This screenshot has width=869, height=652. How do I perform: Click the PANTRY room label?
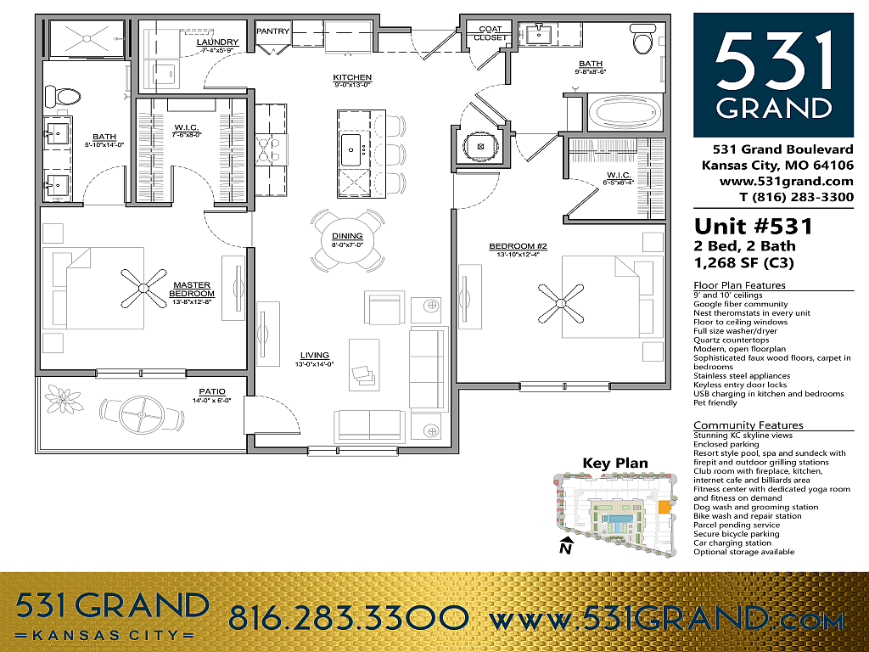click(x=272, y=31)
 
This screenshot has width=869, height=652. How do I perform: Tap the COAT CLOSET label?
click(x=490, y=33)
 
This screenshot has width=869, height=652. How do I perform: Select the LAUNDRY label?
click(x=217, y=42)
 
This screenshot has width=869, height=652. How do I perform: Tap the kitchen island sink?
click(x=351, y=150)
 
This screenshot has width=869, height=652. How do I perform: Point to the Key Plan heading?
click(x=614, y=464)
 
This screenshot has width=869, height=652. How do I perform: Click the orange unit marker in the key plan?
click(x=664, y=508)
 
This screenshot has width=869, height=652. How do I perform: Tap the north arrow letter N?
click(x=564, y=548)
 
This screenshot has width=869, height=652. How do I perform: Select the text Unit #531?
click(x=754, y=227)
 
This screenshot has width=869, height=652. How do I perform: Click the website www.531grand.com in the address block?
click(x=786, y=181)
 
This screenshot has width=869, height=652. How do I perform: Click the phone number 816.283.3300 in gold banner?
click(x=348, y=617)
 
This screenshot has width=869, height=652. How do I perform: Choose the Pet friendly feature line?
click(x=715, y=402)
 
